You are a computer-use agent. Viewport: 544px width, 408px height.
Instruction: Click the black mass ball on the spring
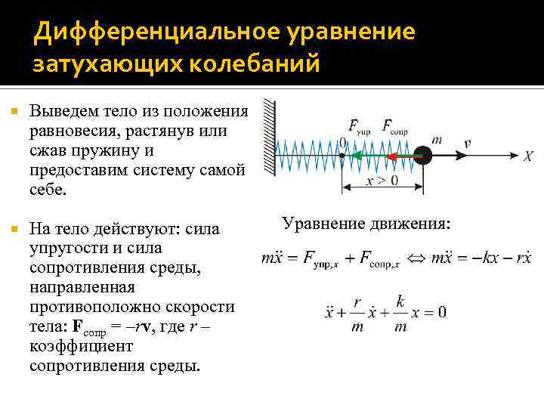tap(424, 156)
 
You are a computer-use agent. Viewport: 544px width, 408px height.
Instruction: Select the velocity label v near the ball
tap(467, 142)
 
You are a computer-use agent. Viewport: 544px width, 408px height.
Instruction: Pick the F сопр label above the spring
tap(394, 126)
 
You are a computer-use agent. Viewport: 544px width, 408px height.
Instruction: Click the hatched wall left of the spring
tap(268, 140)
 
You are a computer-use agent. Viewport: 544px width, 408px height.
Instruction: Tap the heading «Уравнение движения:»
tap(366, 224)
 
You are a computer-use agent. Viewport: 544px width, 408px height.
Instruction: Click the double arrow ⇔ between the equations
tap(416, 259)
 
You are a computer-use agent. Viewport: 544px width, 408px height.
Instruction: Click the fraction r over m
tap(357, 312)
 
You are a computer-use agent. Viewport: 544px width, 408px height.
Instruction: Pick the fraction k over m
tap(400, 312)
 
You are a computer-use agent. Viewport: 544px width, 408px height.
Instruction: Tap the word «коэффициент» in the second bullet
tap(70, 346)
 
